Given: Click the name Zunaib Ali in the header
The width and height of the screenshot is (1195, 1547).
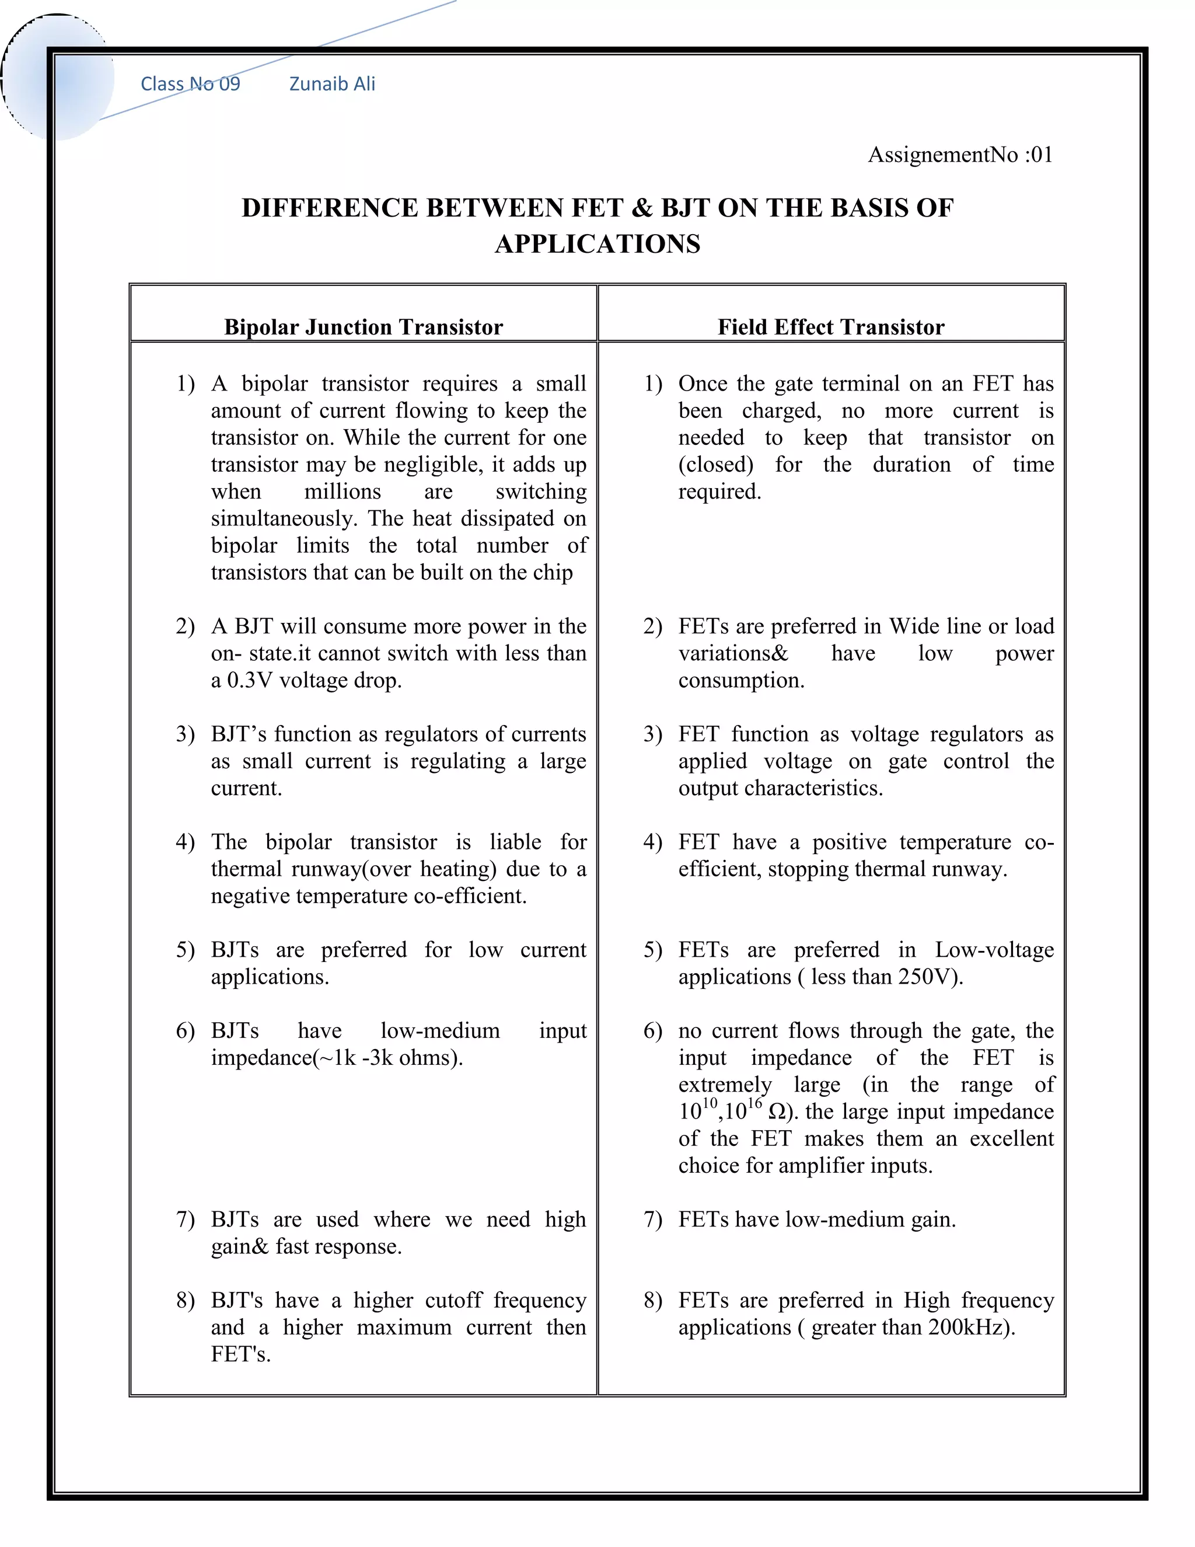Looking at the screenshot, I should [x=332, y=83].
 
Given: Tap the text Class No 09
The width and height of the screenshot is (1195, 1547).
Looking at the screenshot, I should [x=190, y=83].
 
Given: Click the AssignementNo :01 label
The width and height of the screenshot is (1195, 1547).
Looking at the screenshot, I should [x=960, y=155].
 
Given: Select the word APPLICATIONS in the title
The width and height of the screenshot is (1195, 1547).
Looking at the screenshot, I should [x=597, y=243].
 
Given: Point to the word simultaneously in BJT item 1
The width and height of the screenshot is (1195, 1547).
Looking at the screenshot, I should [x=285, y=518].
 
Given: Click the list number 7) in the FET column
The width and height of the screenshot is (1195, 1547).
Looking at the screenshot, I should [x=652, y=1220].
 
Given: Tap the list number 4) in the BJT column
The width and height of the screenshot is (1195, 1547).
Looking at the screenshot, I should [x=185, y=842].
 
